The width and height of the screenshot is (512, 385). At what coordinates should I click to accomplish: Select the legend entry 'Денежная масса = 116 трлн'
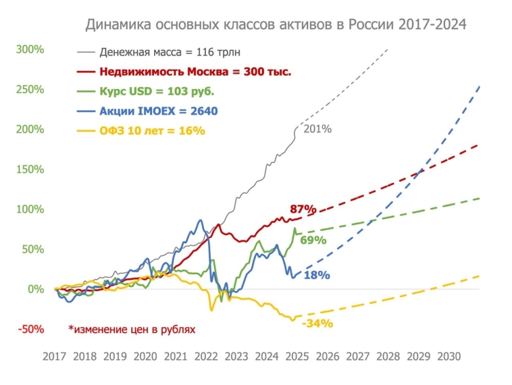coord(170,51)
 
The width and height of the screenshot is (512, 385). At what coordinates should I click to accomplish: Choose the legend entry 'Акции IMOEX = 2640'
coord(158,111)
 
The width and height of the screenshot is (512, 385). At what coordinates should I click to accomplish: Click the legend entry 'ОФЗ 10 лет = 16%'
coord(152,130)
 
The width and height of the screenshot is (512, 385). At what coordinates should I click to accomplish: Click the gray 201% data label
coord(317,129)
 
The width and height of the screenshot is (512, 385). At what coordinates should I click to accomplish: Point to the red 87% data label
coord(302,209)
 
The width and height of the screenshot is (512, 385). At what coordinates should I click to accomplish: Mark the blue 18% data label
coord(316,275)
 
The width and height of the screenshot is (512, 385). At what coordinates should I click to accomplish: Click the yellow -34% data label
coord(317,323)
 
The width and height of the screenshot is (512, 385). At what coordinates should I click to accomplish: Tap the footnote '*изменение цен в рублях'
coord(131,330)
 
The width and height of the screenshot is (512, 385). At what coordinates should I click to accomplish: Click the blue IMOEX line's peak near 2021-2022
coord(199,221)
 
